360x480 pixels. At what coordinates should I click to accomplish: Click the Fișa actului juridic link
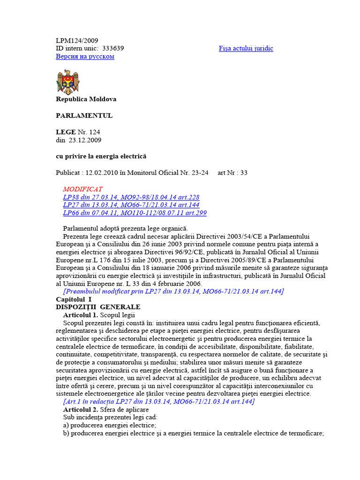point(246,48)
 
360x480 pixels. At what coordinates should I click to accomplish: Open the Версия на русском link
point(85,56)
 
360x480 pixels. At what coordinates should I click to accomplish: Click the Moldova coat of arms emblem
point(68,82)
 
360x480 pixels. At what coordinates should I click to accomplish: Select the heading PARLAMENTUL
point(84,115)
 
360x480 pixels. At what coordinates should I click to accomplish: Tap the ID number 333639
point(113,48)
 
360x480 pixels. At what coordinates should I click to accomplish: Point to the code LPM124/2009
point(77,40)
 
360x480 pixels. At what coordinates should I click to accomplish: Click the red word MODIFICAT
point(82,189)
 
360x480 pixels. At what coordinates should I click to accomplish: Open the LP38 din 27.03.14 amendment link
point(131,197)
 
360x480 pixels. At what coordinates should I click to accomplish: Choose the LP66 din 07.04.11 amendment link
point(135,213)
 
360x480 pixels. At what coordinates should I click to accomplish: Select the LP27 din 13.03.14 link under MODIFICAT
point(131,205)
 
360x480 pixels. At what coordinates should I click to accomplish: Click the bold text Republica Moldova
point(86,99)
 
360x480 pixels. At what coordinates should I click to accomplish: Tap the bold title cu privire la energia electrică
point(101,156)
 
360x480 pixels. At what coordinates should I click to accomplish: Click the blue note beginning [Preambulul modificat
point(173,291)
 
